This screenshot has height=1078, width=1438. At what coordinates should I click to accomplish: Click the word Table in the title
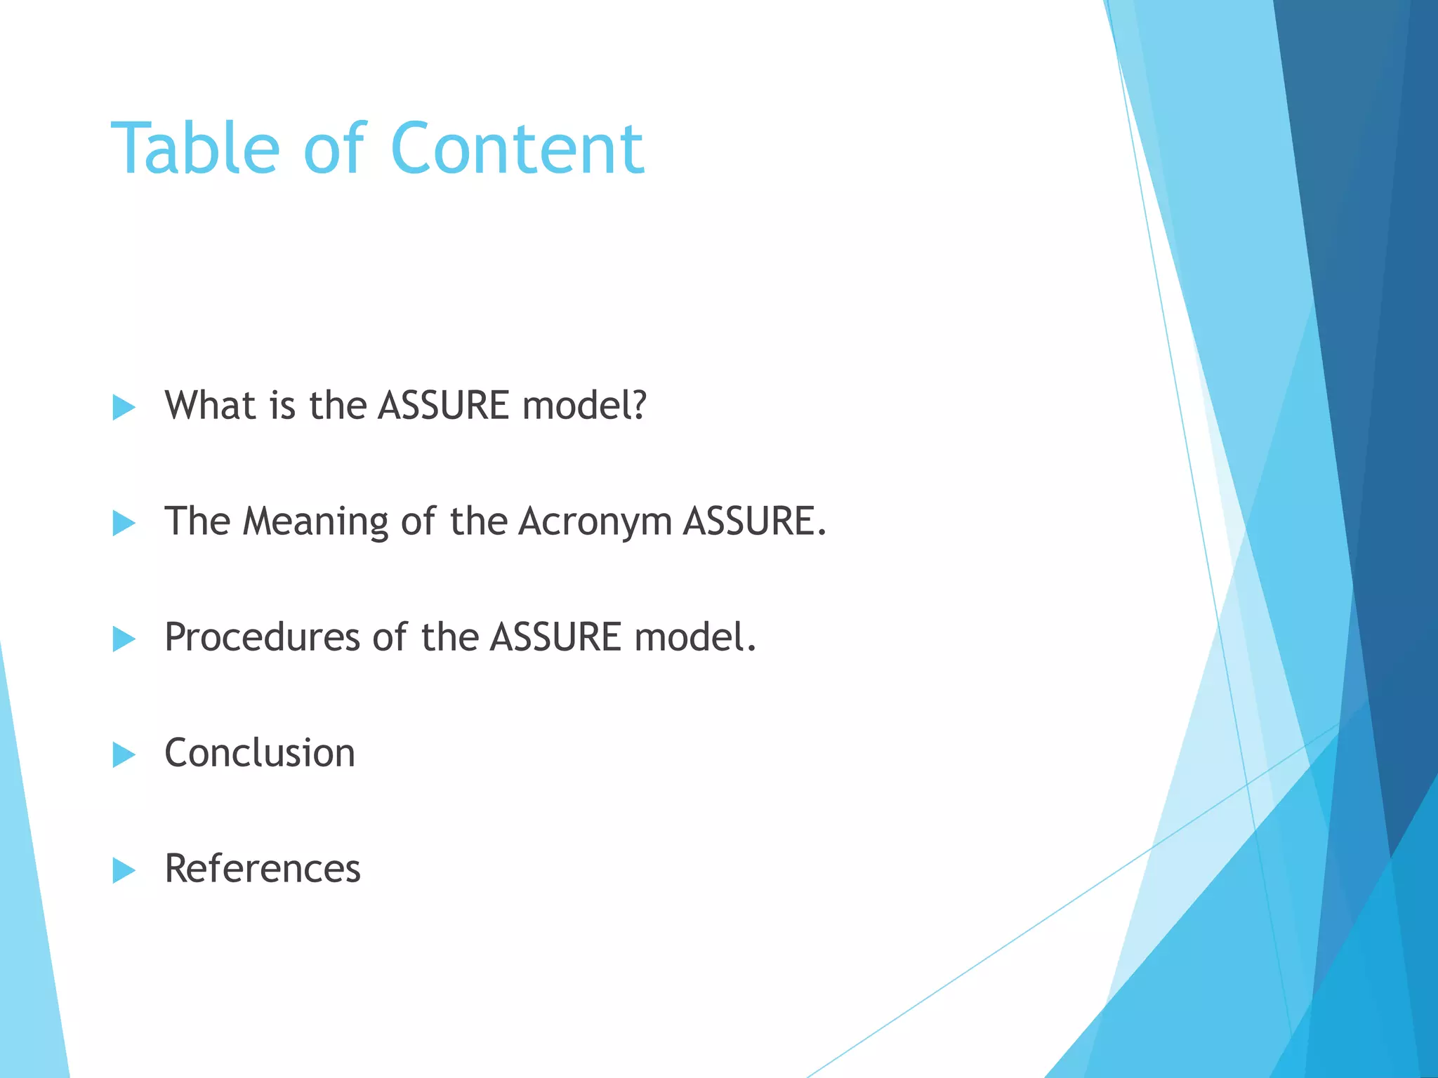[x=195, y=149]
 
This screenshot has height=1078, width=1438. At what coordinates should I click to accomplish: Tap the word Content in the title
[x=517, y=149]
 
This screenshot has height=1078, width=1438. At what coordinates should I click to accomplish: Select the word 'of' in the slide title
[x=334, y=149]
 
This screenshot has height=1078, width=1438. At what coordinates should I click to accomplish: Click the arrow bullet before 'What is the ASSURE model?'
[x=124, y=407]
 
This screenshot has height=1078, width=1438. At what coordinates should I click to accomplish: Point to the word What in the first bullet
[x=209, y=406]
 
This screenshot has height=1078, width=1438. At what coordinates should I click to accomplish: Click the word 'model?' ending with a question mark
[x=584, y=406]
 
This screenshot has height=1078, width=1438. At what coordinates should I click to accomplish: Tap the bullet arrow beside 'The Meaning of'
[x=124, y=523]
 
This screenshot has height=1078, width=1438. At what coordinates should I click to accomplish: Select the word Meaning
[x=315, y=522]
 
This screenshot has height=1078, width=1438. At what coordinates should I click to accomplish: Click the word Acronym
[x=595, y=522]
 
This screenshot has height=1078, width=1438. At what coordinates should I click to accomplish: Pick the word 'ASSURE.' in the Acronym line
[x=755, y=522]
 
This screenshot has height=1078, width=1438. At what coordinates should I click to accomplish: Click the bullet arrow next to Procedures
[x=124, y=639]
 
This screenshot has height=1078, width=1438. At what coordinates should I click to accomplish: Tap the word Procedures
[x=262, y=637]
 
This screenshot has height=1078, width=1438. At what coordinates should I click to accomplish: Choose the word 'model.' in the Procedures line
[x=695, y=637]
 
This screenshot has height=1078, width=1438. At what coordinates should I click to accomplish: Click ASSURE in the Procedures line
[x=555, y=637]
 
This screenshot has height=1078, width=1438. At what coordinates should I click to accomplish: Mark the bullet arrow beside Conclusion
[x=124, y=754]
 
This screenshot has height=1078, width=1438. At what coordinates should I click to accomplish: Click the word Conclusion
[x=260, y=753]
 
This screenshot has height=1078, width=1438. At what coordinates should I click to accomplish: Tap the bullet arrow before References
[x=124, y=870]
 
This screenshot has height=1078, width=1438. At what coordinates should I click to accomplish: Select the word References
[x=263, y=869]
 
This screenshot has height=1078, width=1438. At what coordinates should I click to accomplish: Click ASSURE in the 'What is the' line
[x=444, y=406]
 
